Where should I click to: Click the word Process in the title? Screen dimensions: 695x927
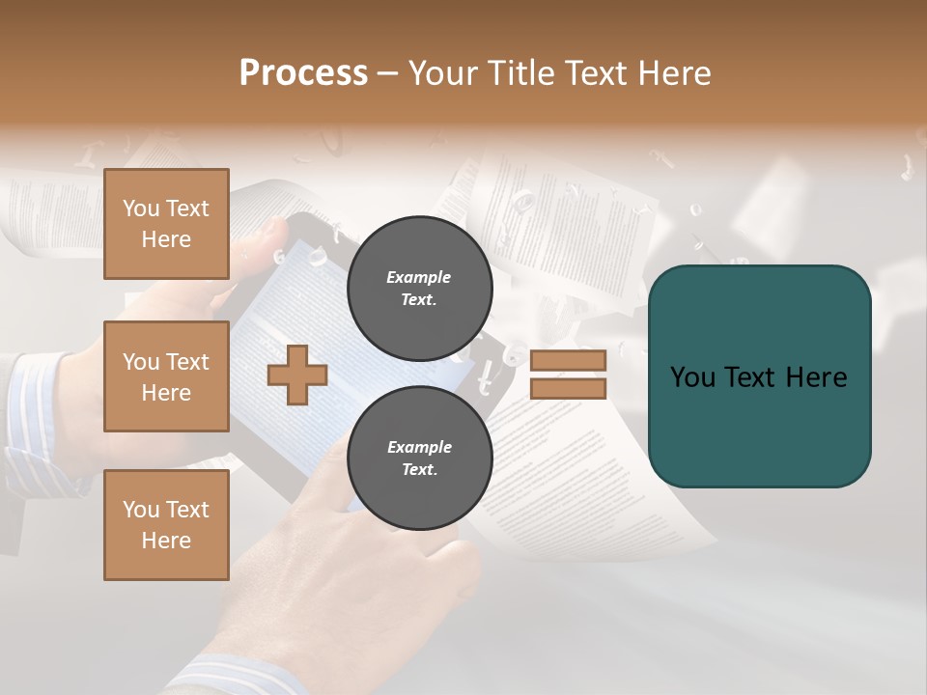coord(303,73)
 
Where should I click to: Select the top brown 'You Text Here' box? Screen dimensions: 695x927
coord(166,224)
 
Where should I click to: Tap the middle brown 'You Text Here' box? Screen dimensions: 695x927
coord(166,376)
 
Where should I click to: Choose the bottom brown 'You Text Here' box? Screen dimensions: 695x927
coord(166,524)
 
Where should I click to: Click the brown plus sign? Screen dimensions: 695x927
coord(297,375)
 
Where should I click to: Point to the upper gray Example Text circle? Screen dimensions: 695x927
coord(419,288)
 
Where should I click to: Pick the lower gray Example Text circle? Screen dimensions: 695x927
coord(419,458)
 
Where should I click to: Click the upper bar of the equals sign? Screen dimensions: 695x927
coord(568,361)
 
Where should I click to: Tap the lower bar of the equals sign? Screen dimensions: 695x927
coord(568,388)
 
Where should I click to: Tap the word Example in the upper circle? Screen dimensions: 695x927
coord(419,278)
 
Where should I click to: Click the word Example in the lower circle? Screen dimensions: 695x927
coord(419,448)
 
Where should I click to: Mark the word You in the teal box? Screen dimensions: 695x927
coord(692,377)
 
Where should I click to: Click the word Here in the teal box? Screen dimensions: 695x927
coord(816,377)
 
